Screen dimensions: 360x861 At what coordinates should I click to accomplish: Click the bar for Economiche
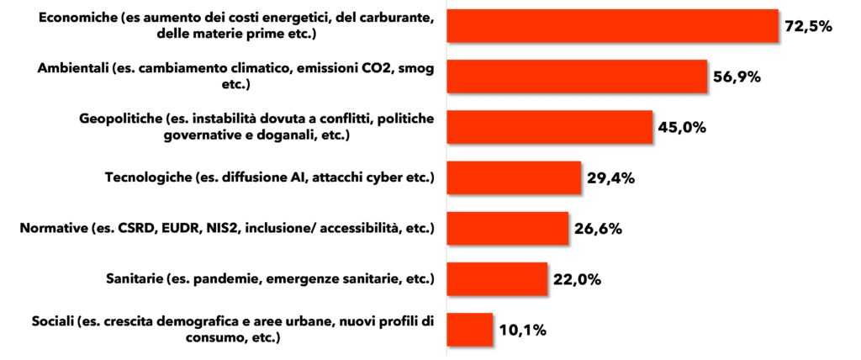pyautogui.click(x=612, y=26)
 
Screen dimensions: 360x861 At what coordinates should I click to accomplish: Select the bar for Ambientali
pyautogui.click(x=576, y=77)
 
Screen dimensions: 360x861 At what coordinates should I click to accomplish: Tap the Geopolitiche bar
pyautogui.click(x=549, y=127)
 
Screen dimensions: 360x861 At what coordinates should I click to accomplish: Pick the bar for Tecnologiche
pyautogui.click(x=514, y=177)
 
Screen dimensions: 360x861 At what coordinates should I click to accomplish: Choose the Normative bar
pyautogui.click(x=507, y=228)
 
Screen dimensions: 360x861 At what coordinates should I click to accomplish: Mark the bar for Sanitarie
pyautogui.click(x=497, y=278)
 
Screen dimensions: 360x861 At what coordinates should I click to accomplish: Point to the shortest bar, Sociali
pyautogui.click(x=469, y=329)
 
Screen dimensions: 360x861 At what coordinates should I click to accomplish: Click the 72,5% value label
pyautogui.click(x=807, y=26)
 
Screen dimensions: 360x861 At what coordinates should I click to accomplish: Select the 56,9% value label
pyautogui.click(x=737, y=77)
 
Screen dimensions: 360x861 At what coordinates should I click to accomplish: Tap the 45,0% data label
pyautogui.click(x=682, y=127)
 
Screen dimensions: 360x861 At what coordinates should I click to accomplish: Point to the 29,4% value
pyautogui.click(x=610, y=177)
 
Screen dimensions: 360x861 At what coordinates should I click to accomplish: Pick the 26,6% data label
pyautogui.click(x=598, y=228)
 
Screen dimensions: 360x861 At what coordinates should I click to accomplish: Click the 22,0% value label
pyautogui.click(x=577, y=278)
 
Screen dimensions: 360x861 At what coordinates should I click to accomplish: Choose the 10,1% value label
pyautogui.click(x=521, y=329)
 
